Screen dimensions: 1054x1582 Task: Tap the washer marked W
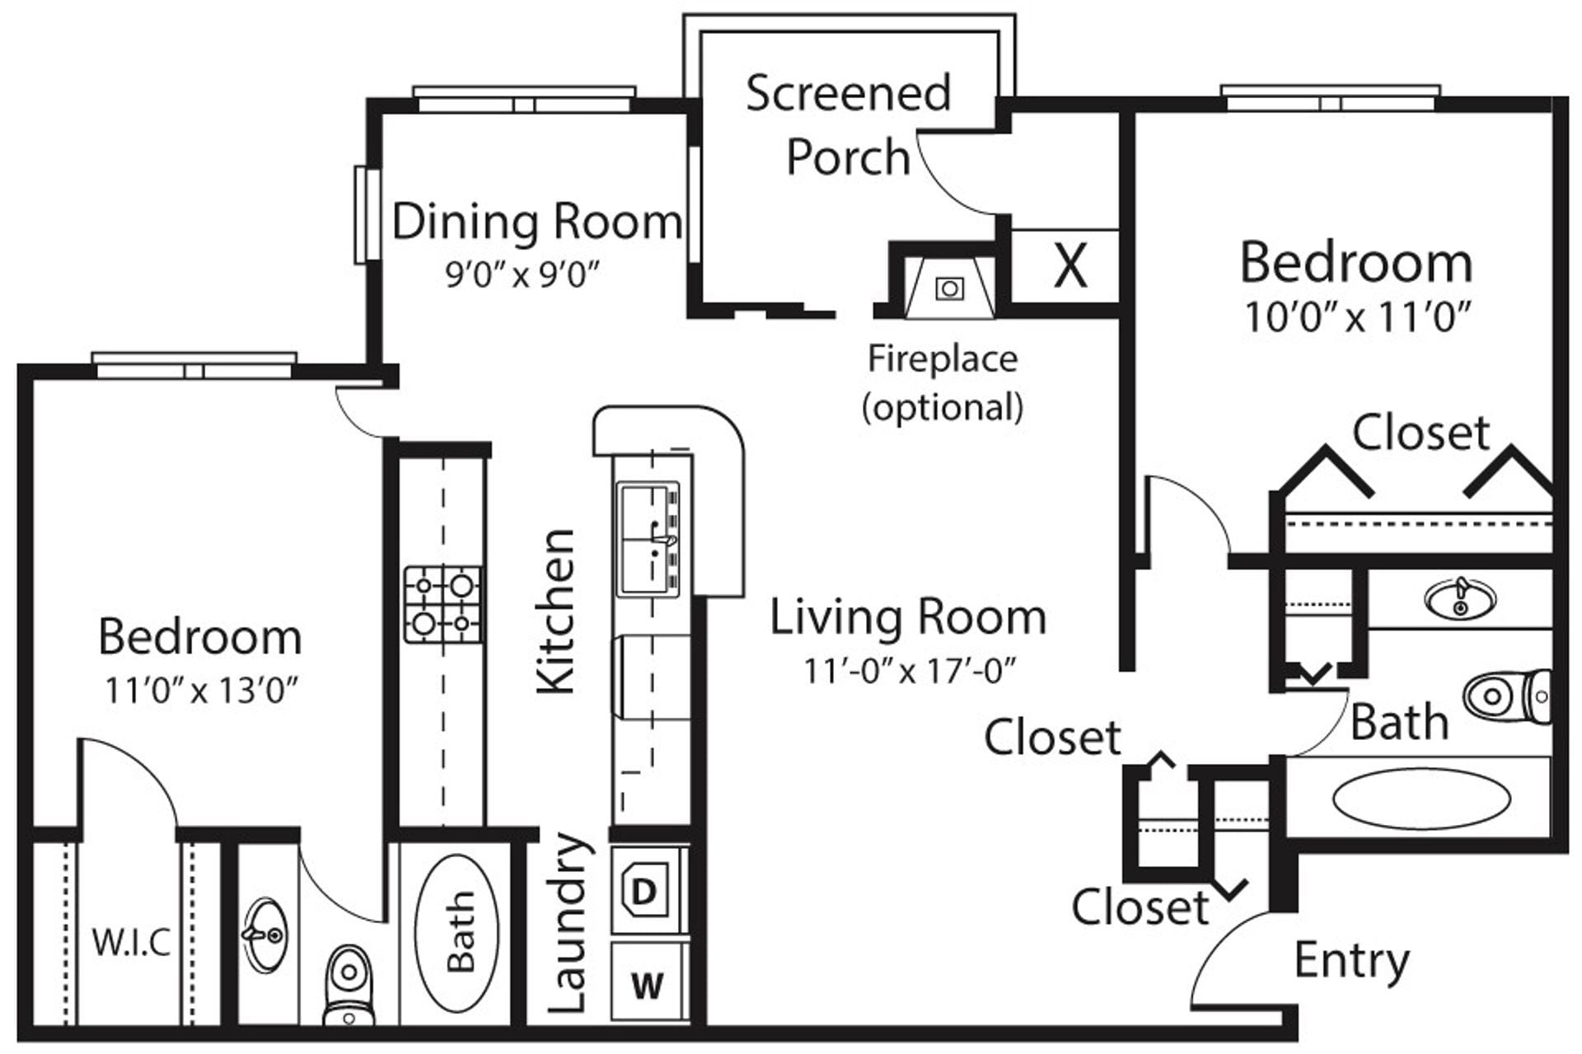[647, 984]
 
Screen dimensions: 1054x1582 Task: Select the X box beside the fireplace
[1069, 266]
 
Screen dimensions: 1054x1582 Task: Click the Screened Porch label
[848, 124]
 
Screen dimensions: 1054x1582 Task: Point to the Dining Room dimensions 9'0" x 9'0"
[522, 274]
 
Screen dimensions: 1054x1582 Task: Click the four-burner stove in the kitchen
[443, 605]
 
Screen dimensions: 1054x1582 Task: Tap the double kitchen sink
[648, 540]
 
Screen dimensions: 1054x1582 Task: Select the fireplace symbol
[948, 288]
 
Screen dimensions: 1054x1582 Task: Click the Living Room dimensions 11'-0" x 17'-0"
[909, 671]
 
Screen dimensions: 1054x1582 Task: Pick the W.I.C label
[131, 942]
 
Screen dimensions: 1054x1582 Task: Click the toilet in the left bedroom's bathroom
[349, 985]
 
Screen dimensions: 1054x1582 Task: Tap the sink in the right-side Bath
[1460, 599]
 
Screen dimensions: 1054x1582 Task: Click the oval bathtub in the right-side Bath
[1421, 799]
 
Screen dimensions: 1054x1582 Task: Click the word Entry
[1351, 960]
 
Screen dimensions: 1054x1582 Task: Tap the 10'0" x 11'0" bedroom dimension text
[1356, 317]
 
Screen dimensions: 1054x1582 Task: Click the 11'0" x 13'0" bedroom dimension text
[200, 691]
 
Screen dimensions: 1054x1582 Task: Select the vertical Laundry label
[569, 923]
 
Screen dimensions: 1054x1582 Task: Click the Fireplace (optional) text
[943, 382]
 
